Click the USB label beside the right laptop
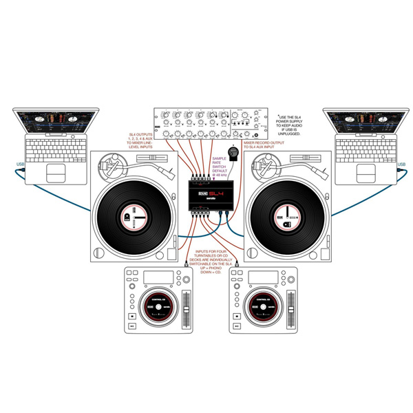pos(401,163)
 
